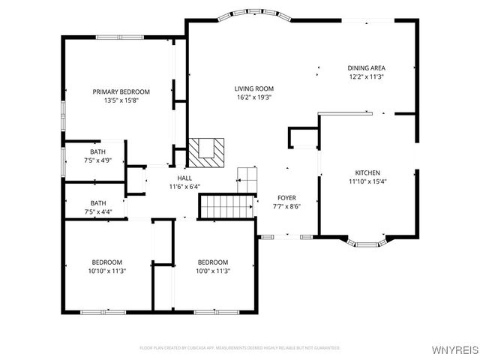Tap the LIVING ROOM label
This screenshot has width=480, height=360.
pos(254,88)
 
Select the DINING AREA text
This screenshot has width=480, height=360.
pos(366,67)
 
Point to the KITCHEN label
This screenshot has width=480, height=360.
pos(367,172)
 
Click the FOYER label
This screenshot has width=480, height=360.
pos(287,198)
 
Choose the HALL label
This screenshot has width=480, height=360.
pos(184,178)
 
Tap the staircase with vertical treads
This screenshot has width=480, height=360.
pos(225,205)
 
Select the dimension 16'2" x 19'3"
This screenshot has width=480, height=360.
pos(254,97)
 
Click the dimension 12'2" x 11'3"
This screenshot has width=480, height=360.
pos(366,76)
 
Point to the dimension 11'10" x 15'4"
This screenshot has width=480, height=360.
pos(367,181)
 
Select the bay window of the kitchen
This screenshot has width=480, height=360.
pos(367,243)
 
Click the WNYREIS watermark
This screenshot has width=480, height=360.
pos(454,349)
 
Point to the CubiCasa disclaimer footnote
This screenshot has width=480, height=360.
pos(240,348)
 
